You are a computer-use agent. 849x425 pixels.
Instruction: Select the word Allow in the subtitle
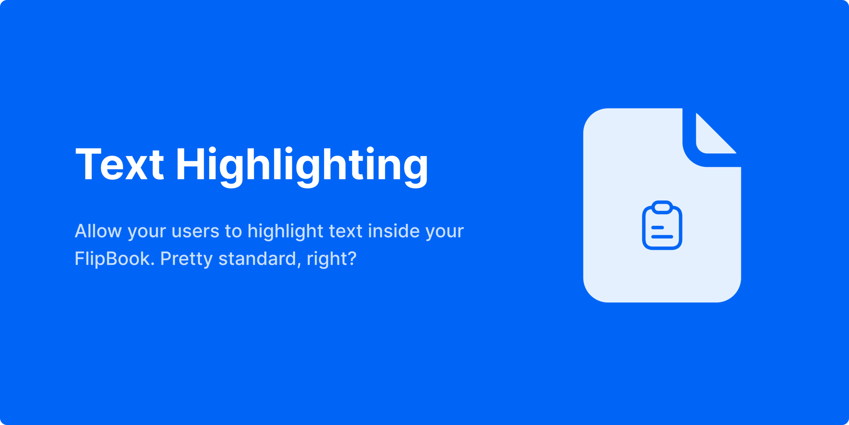[x=98, y=231]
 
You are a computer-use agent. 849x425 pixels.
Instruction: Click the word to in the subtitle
[x=233, y=231]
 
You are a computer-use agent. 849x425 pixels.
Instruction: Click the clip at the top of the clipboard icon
[x=662, y=207]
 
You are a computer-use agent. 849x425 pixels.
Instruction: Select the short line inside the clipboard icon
[x=658, y=227]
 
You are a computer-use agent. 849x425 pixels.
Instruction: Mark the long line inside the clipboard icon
[x=662, y=237]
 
